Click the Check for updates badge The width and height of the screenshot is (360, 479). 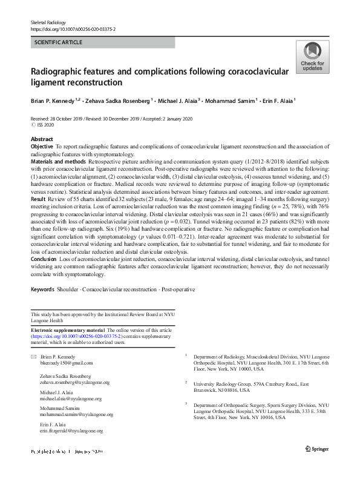coord(312,58)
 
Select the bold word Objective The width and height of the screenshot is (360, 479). coord(42,147)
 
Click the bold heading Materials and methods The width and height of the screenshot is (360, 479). coord(59,163)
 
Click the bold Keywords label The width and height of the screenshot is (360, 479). coord(42,290)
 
